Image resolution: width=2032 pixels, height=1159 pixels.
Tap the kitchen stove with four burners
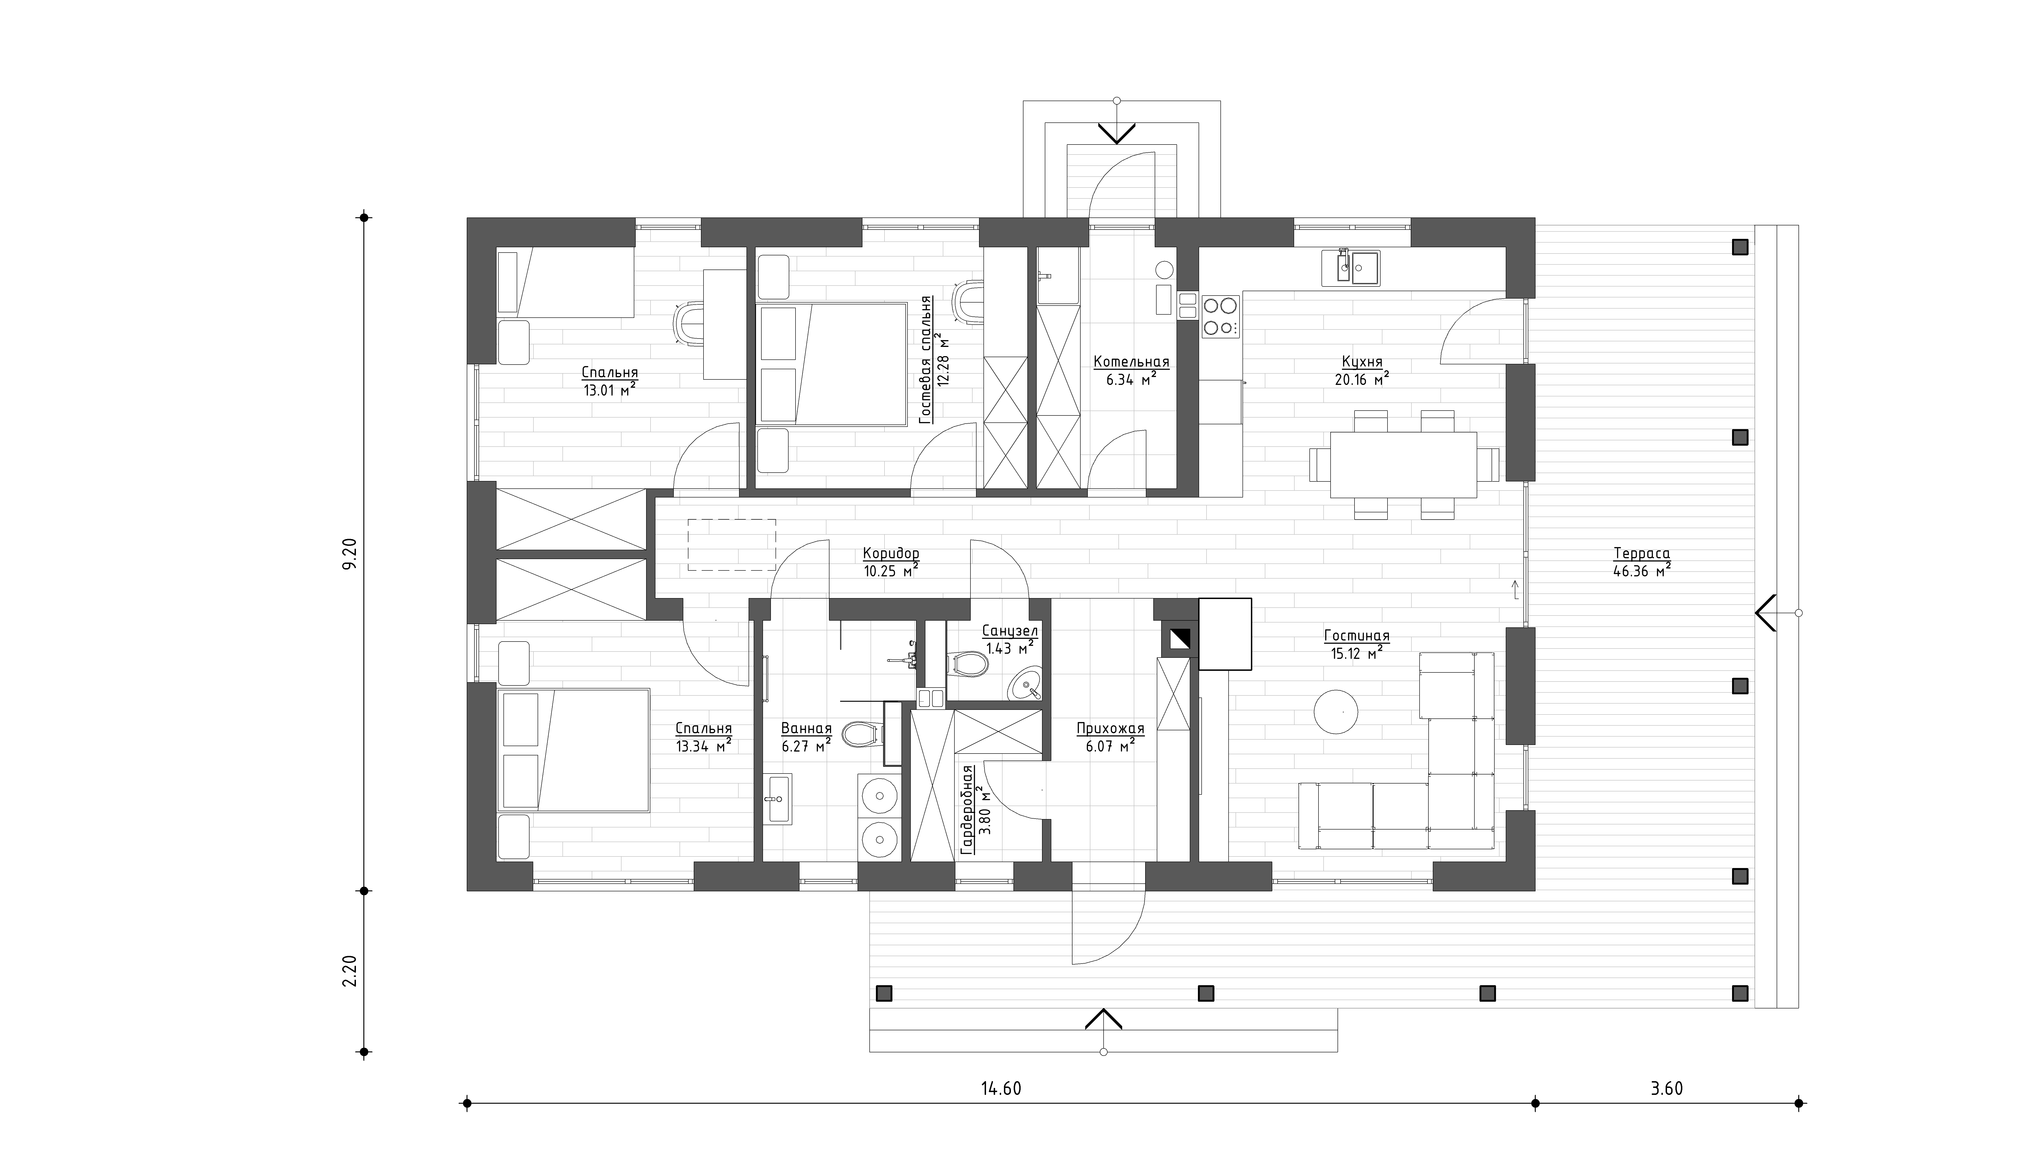1220,316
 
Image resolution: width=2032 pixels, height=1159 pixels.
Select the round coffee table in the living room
1335,711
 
